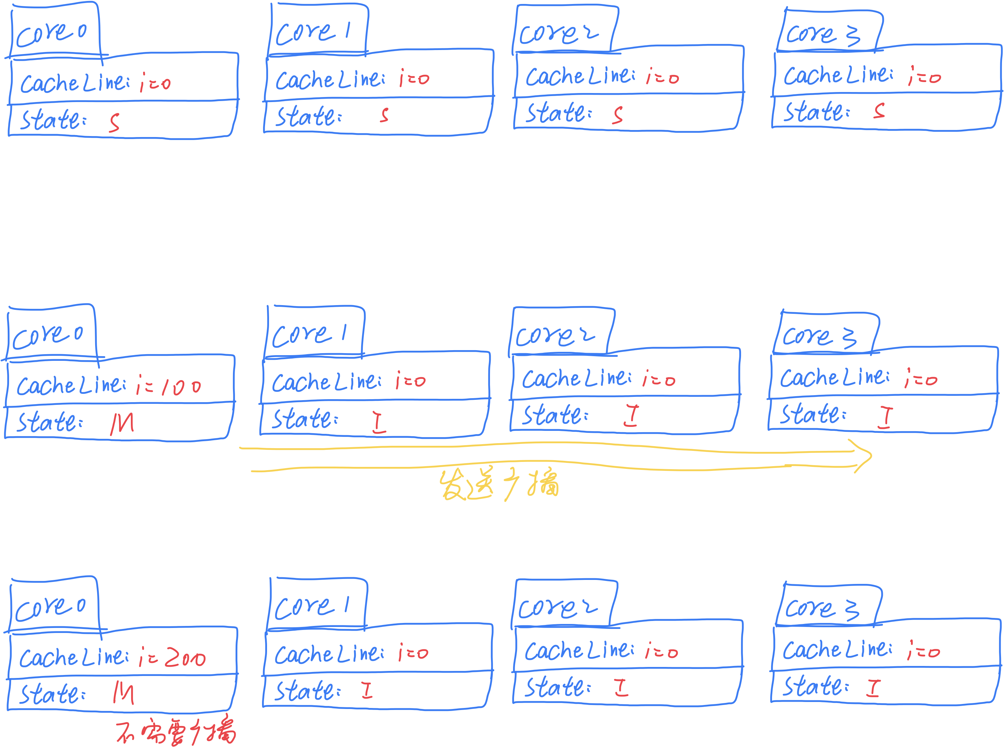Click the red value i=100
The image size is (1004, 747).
click(168, 386)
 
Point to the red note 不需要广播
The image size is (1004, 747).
click(176, 731)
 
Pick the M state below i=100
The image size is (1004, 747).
click(122, 424)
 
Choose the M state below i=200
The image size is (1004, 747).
click(123, 693)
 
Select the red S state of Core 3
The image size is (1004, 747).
click(879, 111)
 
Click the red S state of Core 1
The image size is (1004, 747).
click(384, 115)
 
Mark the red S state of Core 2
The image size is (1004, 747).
click(617, 115)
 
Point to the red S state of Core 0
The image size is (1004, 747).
click(114, 122)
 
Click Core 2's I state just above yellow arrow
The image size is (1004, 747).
click(631, 416)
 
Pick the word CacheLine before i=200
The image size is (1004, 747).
click(74, 657)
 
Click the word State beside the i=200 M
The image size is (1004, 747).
click(52, 694)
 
